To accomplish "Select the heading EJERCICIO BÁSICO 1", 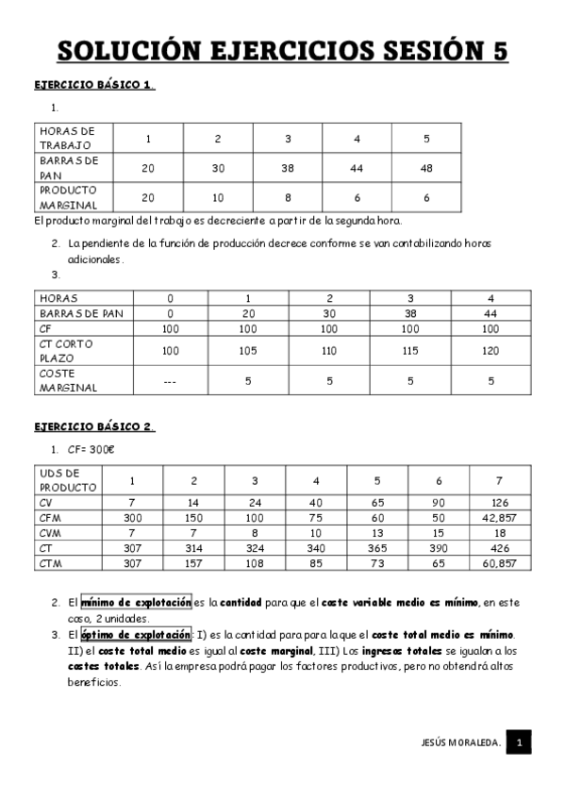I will click(93, 85).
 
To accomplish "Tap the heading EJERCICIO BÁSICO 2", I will click(93, 427).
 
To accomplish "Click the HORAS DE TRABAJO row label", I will click(68, 138).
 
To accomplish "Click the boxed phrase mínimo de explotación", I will click(136, 603).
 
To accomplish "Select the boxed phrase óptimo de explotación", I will click(136, 635).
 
